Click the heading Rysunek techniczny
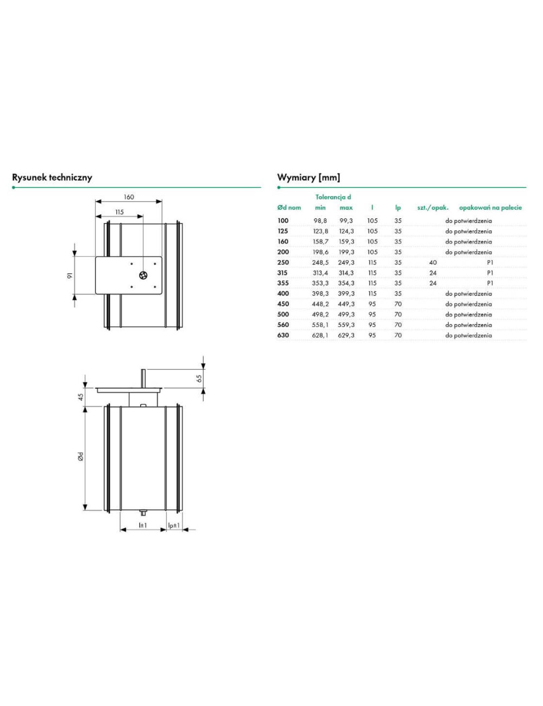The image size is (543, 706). tap(52, 178)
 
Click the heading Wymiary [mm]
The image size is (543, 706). tap(308, 178)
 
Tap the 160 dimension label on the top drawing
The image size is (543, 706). tap(129, 197)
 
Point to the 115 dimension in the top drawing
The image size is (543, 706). tap(119, 212)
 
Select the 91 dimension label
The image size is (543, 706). tap(70, 275)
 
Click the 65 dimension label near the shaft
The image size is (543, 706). tap(199, 378)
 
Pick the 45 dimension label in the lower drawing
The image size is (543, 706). tap(81, 396)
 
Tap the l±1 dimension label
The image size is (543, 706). tap(143, 525)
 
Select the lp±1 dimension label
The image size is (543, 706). tap(174, 525)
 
